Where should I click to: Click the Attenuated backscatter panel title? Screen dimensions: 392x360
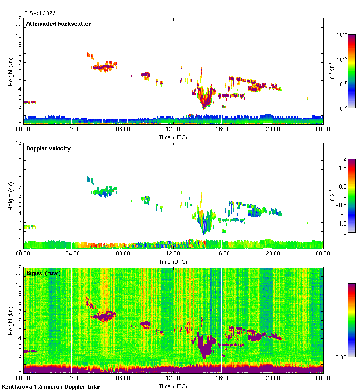(58, 24)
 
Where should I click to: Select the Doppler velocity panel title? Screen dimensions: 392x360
(48, 148)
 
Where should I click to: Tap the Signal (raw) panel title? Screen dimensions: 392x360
(43, 273)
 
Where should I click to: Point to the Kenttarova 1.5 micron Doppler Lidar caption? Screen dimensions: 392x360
(51, 387)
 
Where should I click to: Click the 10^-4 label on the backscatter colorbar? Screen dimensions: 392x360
(342, 35)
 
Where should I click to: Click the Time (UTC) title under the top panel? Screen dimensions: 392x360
(173, 137)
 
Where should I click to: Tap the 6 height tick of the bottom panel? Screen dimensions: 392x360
(19, 320)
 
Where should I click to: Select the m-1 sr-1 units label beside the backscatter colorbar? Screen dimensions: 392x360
(332, 71)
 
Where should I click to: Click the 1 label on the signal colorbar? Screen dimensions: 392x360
(344, 320)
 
